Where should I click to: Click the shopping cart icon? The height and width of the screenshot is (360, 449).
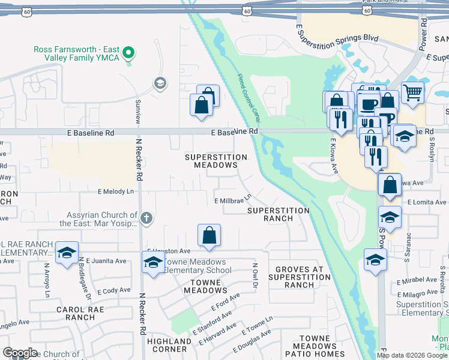click(412, 92)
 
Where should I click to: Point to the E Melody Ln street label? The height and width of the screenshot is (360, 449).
click(116, 191)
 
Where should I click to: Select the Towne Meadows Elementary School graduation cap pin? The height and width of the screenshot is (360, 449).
click(153, 262)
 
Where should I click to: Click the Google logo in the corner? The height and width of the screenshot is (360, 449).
click(20, 353)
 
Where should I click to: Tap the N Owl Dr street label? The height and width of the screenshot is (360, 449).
click(255, 274)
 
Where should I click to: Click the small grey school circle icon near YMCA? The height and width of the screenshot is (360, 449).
click(160, 83)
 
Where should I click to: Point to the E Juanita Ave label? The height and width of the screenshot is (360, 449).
click(106, 261)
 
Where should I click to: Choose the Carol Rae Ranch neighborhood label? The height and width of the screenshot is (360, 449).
click(80, 313)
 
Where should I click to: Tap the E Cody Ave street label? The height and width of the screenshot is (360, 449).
click(113, 290)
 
